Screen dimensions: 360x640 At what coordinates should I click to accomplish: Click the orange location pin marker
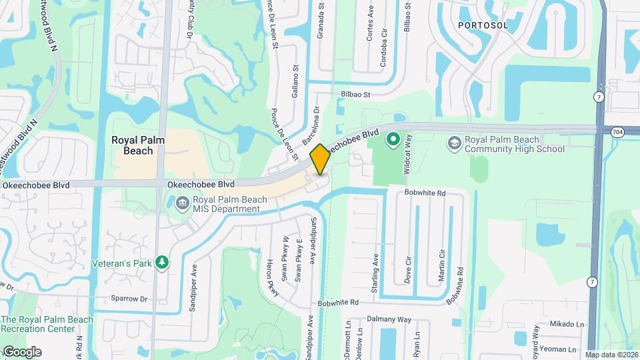tap(320, 159)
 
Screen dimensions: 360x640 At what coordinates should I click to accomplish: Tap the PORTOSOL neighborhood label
tap(483, 25)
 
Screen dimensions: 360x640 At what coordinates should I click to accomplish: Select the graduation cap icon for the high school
tap(454, 143)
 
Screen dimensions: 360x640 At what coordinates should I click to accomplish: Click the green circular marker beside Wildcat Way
tap(393, 139)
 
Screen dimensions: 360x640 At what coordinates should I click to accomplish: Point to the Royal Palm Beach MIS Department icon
tap(182, 202)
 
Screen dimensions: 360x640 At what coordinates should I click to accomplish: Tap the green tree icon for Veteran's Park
tap(161, 263)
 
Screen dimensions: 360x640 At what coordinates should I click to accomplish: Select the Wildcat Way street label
tap(409, 153)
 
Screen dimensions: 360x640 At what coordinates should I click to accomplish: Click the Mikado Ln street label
tap(567, 325)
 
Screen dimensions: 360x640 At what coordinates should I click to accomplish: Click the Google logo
tap(21, 352)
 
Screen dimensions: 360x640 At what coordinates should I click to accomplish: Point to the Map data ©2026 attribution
tap(611, 355)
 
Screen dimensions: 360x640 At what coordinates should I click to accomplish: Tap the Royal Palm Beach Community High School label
tap(514, 145)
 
